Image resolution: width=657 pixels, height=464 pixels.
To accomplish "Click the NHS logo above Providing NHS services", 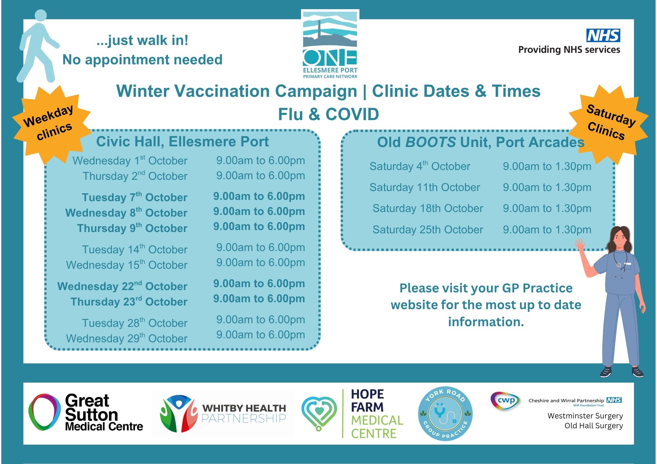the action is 603,35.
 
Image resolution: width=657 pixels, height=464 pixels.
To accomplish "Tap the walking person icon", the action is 38,46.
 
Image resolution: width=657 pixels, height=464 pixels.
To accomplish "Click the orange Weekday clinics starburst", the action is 52,124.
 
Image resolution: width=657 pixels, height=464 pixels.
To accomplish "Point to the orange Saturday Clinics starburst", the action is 609,124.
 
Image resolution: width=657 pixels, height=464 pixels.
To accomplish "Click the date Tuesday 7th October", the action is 135,197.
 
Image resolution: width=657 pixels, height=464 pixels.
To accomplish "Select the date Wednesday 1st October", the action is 130,160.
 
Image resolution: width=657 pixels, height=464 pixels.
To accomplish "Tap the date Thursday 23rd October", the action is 129,301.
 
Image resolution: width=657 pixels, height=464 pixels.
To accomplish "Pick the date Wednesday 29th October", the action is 127,338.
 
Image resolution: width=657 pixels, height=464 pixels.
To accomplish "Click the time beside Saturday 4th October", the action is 547,166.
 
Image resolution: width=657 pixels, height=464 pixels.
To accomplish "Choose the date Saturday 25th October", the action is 428,230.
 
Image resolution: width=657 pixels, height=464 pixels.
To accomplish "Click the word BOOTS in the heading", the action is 431,142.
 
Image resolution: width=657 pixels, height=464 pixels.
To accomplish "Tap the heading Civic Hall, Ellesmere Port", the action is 182,141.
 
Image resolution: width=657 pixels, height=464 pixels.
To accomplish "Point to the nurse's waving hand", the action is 580,245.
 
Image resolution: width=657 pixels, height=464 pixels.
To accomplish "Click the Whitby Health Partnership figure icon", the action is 178,413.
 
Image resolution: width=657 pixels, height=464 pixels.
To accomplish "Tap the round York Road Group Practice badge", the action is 445,413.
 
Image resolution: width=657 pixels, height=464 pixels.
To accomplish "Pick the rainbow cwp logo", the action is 505,401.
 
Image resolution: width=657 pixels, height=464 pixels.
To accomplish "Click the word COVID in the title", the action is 352,114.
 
